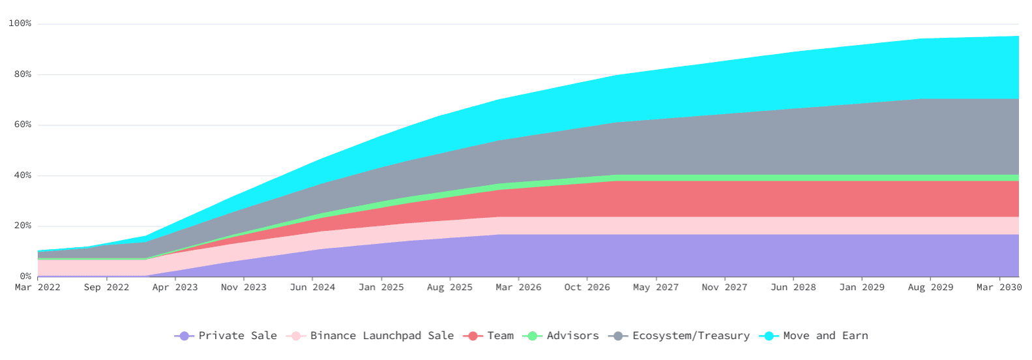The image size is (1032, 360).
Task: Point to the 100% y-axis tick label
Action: (x=20, y=23)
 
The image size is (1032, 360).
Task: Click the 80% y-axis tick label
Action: (x=23, y=74)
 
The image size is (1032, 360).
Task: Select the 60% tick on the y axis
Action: (x=23, y=125)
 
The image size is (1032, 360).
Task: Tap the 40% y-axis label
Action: (x=23, y=175)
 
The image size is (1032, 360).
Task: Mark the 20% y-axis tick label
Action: (x=23, y=226)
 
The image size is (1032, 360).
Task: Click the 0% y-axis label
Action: (x=25, y=277)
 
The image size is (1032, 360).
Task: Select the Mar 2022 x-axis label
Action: (x=38, y=288)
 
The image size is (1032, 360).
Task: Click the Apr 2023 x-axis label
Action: (x=175, y=288)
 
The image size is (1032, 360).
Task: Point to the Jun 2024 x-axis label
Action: (x=312, y=288)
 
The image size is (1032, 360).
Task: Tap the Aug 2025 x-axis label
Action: (x=450, y=288)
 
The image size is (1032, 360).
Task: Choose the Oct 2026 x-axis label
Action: (x=587, y=288)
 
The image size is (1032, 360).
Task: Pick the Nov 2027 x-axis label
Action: (x=724, y=288)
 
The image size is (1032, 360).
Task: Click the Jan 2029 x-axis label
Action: (x=862, y=288)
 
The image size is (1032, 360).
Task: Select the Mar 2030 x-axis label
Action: (x=998, y=288)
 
